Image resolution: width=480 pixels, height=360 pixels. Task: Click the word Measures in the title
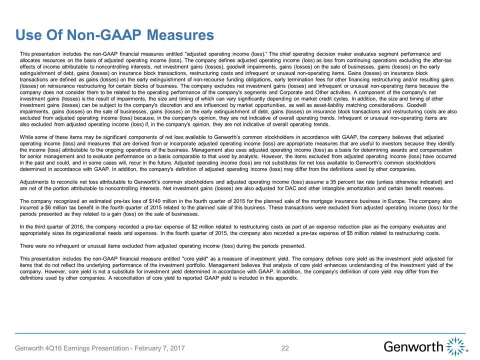[x=178, y=34]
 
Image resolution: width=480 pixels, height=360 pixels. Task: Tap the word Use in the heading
[x=29, y=34]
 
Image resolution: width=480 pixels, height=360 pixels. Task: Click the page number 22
[x=286, y=347]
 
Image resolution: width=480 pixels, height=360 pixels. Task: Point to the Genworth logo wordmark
[x=413, y=346]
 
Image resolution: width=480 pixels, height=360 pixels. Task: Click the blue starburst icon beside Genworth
[x=456, y=346]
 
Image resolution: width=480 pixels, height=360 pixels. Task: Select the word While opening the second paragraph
[x=27, y=136]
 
